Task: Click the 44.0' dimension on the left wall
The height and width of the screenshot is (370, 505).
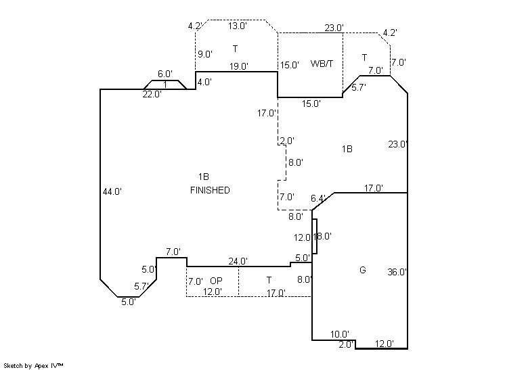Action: pos(112,191)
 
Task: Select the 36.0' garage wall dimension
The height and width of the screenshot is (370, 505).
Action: pos(397,273)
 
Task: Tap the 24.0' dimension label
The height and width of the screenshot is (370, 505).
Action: pos(238,261)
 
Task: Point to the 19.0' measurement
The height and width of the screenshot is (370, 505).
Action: pos(238,66)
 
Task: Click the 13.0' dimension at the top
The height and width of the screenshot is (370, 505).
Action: pos(237,26)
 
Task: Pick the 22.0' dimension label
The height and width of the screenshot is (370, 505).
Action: pos(152,95)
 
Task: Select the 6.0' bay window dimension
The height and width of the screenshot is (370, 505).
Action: pos(165,74)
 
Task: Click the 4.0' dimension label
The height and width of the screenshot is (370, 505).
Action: pos(204,82)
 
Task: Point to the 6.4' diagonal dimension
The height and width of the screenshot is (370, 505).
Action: pos(318,198)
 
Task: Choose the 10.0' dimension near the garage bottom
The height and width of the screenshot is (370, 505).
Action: pos(340,334)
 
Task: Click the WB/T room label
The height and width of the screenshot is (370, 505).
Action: pos(322,64)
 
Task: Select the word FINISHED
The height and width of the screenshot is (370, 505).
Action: pos(210,190)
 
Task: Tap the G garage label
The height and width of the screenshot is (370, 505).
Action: pos(363,271)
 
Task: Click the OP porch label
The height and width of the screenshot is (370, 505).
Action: pos(216,281)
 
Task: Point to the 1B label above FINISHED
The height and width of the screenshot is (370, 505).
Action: pos(204,177)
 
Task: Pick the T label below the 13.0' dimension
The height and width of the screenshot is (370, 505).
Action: pos(235,49)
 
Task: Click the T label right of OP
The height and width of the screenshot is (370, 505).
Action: pos(269,280)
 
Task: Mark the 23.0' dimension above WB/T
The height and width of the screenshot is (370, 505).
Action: pos(334,28)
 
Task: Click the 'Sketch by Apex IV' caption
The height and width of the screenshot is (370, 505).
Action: pos(33,365)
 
